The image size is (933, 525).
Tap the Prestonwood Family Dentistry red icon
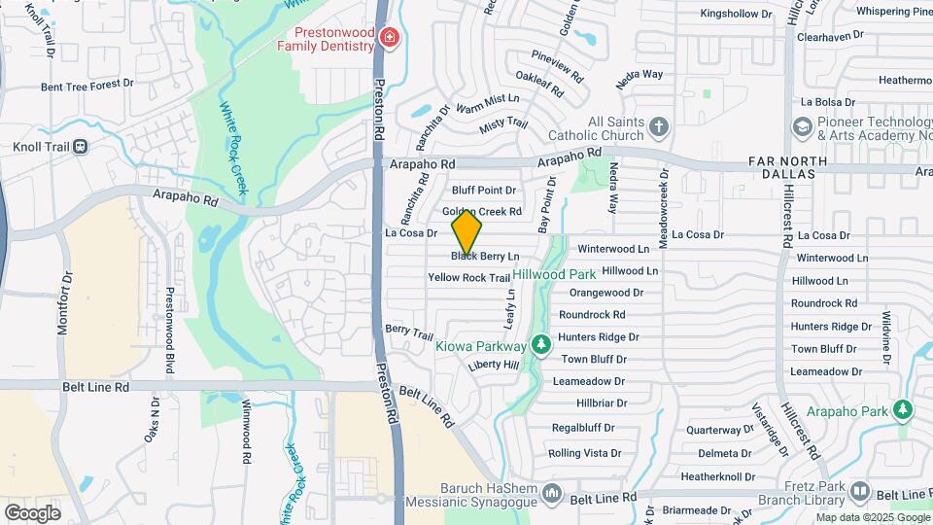coord(389,38)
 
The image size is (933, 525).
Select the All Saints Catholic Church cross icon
coord(659,126)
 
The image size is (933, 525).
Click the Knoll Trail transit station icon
coord(80,147)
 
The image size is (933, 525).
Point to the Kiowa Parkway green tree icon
coord(541,345)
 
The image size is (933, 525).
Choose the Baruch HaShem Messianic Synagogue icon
coord(551,492)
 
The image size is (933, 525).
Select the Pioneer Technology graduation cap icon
coord(802,126)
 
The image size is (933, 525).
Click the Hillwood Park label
coord(554,275)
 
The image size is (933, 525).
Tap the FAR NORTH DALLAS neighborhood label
coord(787,168)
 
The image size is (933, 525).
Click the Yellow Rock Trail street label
coord(468,278)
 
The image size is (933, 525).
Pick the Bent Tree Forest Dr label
coord(87,86)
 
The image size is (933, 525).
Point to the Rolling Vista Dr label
coord(584,453)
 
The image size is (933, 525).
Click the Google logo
coord(32,512)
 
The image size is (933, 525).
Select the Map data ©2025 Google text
coord(872,517)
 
